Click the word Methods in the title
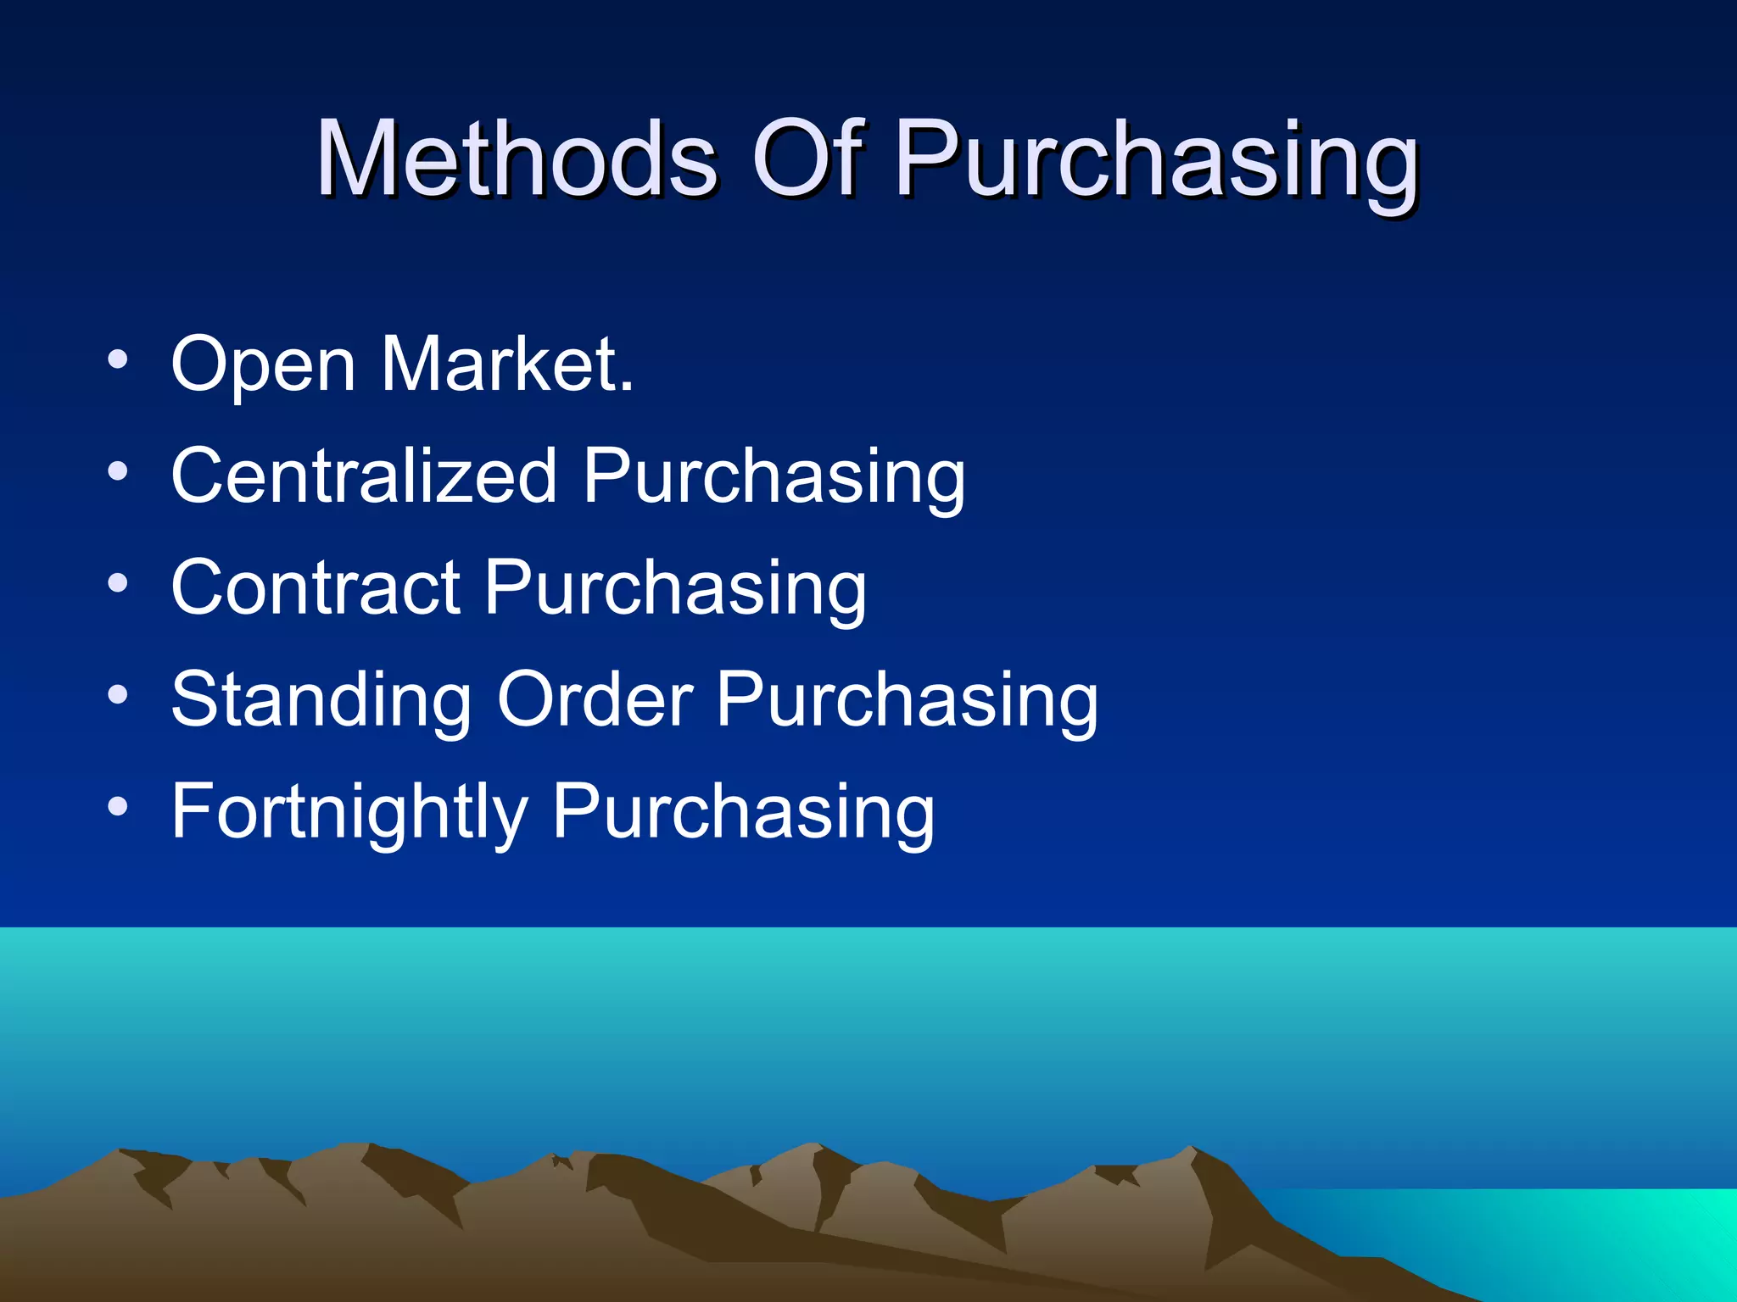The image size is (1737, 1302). [x=517, y=159]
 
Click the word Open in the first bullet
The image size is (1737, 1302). [x=263, y=366]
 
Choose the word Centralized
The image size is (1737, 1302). [x=364, y=476]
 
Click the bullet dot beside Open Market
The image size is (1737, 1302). [x=118, y=360]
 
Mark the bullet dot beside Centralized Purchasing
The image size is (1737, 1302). [x=118, y=471]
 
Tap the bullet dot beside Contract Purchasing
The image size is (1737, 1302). [x=118, y=583]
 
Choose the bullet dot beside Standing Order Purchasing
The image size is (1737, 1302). [x=118, y=696]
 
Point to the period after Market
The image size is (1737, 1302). [x=626, y=388]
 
